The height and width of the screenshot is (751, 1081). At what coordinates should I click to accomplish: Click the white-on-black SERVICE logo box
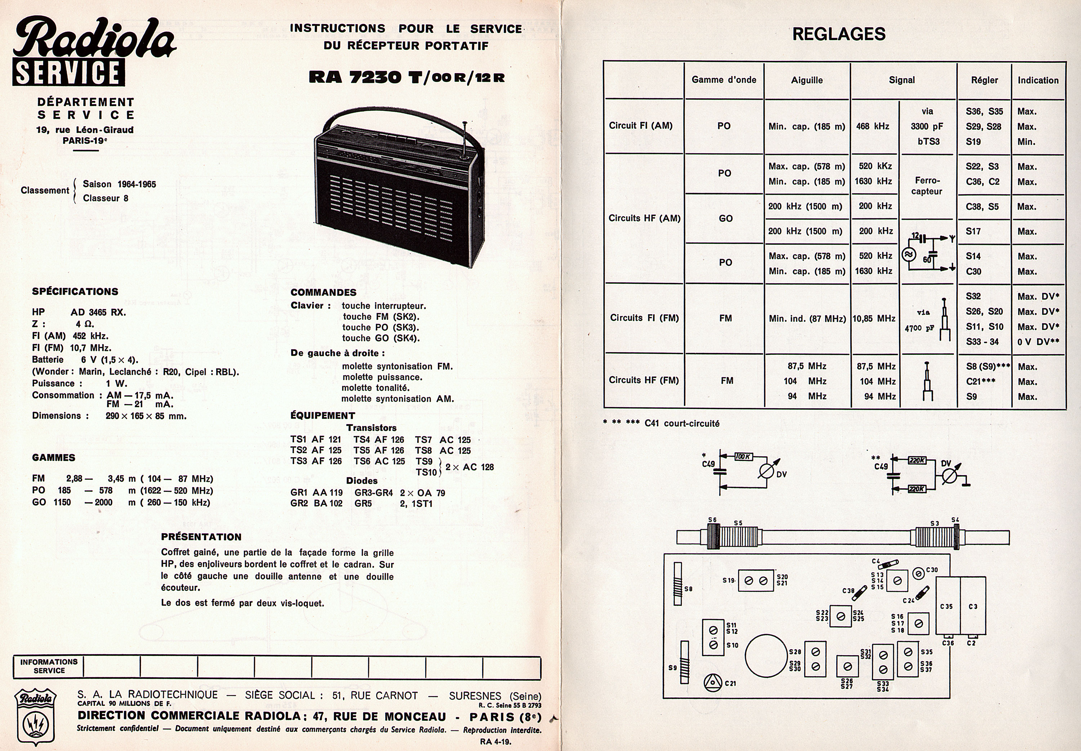pyautogui.click(x=69, y=72)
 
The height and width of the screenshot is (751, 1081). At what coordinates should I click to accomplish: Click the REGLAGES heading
pyautogui.click(x=838, y=34)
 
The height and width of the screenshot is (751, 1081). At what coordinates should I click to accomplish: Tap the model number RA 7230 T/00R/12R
pyautogui.click(x=406, y=77)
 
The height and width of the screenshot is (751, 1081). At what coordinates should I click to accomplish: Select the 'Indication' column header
pyautogui.click(x=1038, y=80)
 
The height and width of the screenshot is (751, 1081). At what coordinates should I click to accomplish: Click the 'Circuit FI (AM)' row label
pyautogui.click(x=641, y=126)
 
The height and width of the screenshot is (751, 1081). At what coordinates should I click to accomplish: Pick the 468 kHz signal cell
pyautogui.click(x=872, y=126)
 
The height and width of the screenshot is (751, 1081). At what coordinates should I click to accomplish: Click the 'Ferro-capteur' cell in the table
pyautogui.click(x=927, y=186)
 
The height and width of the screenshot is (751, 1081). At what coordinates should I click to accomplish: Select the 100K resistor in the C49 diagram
pyautogui.click(x=743, y=456)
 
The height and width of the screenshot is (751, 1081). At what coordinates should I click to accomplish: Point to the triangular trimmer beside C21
pyautogui.click(x=713, y=682)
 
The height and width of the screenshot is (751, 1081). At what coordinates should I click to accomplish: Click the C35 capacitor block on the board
pyautogui.click(x=946, y=606)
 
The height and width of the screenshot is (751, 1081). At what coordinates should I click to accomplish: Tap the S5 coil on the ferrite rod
pyautogui.click(x=738, y=537)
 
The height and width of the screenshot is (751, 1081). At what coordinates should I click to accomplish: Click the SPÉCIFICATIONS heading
pyautogui.click(x=75, y=291)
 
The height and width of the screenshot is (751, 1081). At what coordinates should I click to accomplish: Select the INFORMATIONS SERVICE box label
pyautogui.click(x=49, y=666)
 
